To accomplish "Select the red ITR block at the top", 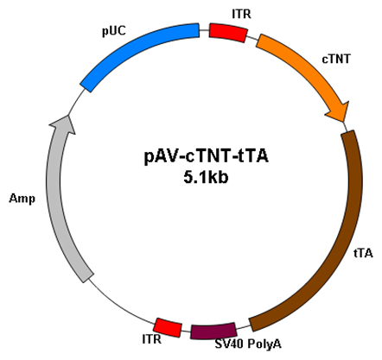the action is [x=228, y=33].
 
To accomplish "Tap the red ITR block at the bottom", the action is [x=168, y=327].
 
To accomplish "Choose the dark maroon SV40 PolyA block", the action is [x=213, y=332].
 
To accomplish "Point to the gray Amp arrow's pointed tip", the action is [x=67, y=116].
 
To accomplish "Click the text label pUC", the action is [x=114, y=31].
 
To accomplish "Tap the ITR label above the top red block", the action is [x=241, y=14].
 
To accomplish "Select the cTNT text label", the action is [x=336, y=59].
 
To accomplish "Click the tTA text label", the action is [x=363, y=253].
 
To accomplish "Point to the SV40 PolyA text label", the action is [x=248, y=344].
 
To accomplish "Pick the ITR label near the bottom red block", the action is [x=152, y=339].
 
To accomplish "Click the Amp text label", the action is [x=22, y=199].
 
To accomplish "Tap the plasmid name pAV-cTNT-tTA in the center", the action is [x=207, y=156].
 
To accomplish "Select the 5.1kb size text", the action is [x=206, y=178].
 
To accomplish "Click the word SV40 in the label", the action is [x=230, y=344].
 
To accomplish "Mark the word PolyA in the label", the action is [x=264, y=344].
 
